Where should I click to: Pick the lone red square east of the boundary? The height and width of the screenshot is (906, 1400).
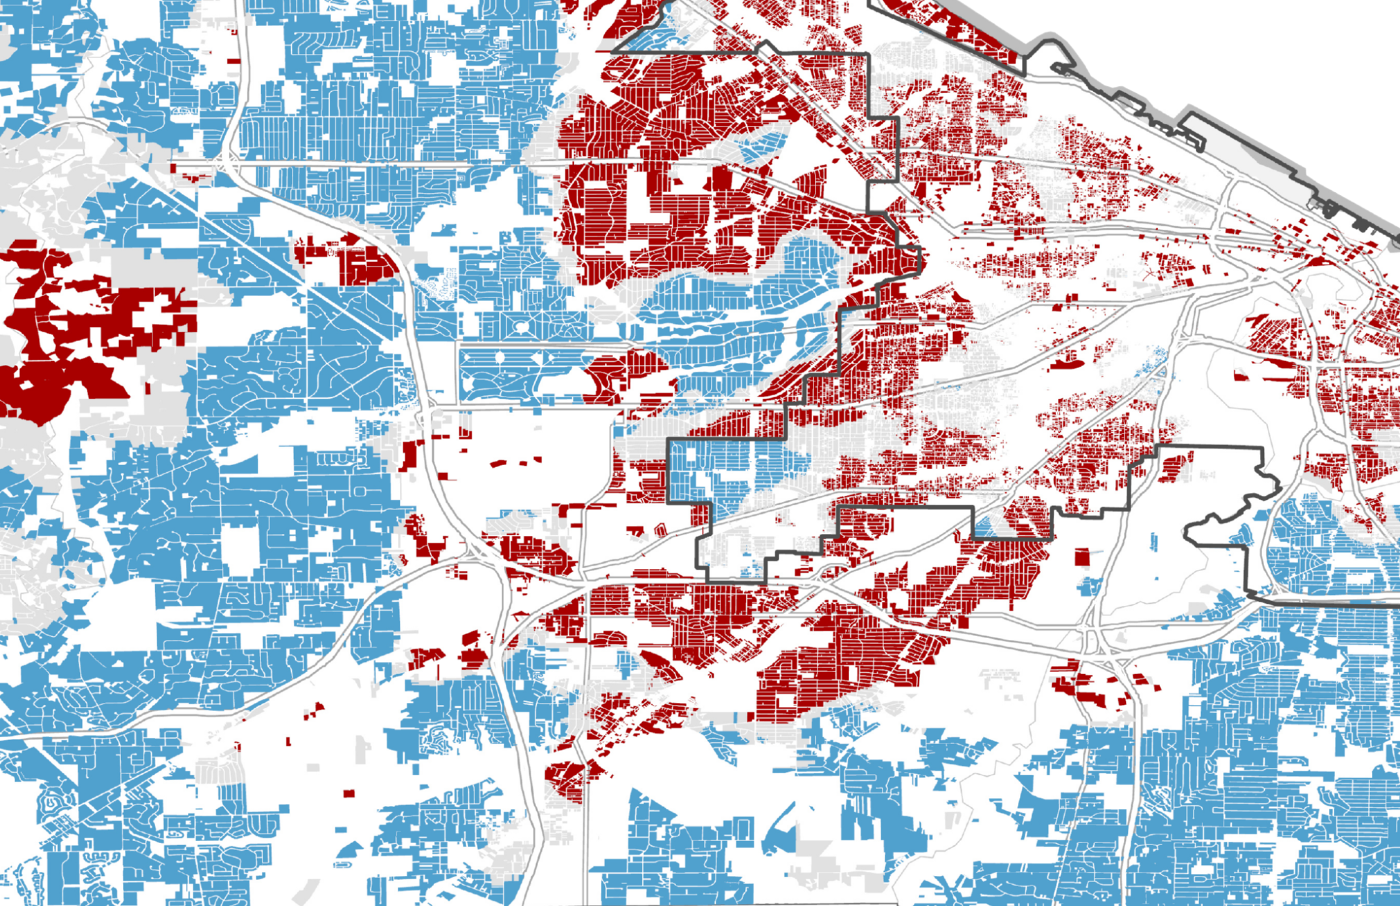tap(1081, 557)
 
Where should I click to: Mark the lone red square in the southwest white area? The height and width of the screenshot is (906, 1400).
tap(349, 794)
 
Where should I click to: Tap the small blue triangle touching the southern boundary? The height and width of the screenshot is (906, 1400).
tap(984, 527)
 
